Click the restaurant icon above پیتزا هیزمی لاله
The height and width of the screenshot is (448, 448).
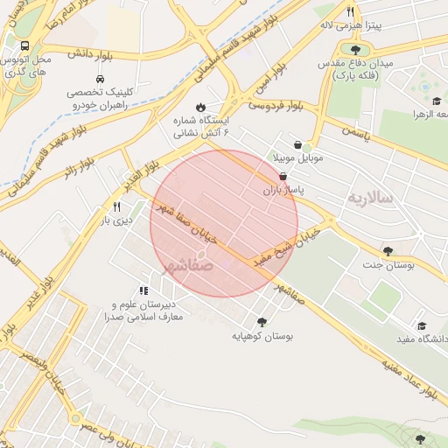point(350,12)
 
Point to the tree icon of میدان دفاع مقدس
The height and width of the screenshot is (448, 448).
point(354,49)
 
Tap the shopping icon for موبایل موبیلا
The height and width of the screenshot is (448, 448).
point(298,144)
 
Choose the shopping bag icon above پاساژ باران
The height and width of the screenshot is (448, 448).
point(283,176)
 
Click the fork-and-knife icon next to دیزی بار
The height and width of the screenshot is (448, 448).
point(116,207)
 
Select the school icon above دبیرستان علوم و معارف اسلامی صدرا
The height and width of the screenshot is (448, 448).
point(143,290)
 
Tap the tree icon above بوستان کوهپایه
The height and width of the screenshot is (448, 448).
point(262,321)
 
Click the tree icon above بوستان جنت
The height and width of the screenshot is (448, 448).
point(388,250)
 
